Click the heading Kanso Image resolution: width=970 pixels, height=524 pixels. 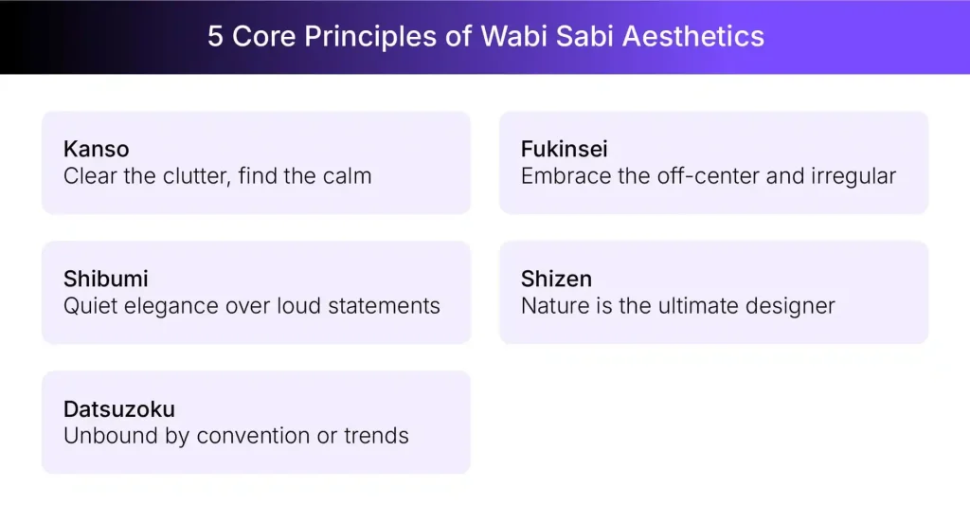(x=96, y=149)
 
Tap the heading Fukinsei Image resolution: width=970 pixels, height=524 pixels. (x=565, y=149)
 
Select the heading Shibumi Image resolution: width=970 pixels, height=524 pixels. (x=105, y=279)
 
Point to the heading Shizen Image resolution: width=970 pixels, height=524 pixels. (x=556, y=279)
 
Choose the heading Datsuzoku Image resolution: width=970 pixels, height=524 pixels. (x=119, y=409)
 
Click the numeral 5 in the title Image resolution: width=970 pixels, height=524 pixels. (x=215, y=37)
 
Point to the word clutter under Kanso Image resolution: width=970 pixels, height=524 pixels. (x=192, y=175)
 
